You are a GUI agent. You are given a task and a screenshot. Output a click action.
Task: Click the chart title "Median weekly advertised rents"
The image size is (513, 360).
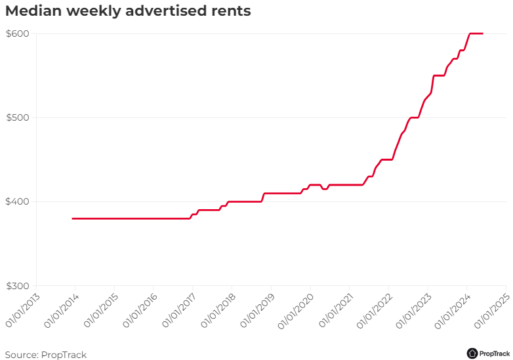(128, 11)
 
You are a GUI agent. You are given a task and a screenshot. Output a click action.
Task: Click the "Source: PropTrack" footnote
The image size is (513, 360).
(46, 355)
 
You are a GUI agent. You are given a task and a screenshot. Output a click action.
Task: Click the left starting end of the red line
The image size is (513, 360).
(73, 218)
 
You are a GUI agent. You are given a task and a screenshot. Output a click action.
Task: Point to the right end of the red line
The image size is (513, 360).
(483, 33)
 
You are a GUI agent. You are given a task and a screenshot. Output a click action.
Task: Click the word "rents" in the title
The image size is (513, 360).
(230, 11)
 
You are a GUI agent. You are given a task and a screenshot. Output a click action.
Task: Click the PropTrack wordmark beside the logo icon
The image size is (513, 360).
(495, 353)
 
